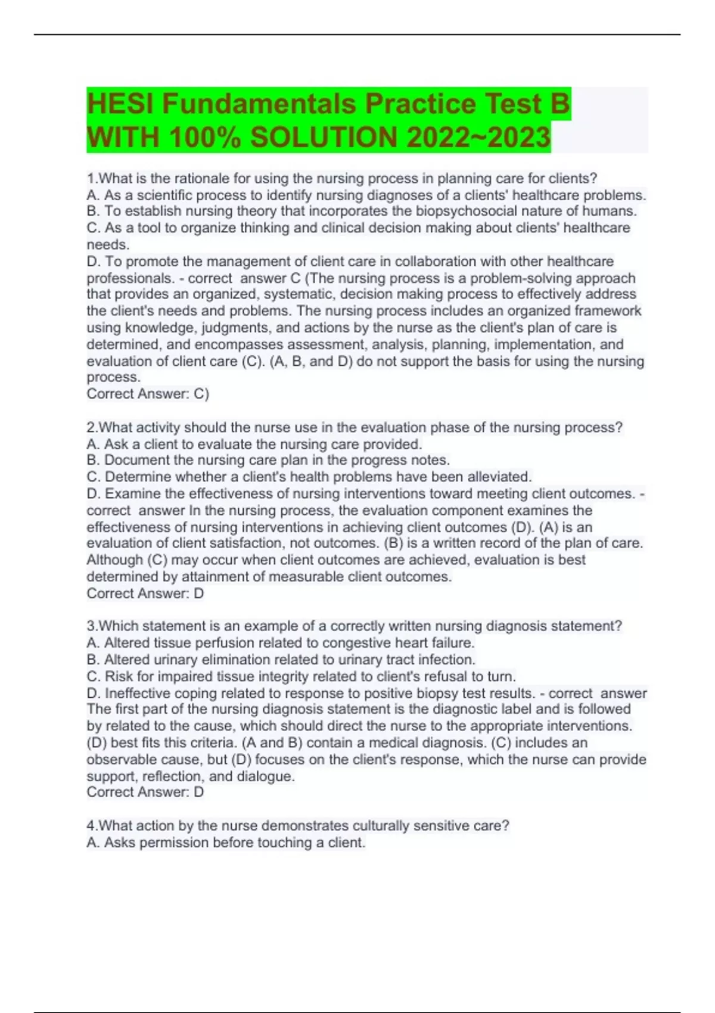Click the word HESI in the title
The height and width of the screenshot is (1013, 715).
120,104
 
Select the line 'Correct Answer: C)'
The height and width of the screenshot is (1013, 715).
148,394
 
